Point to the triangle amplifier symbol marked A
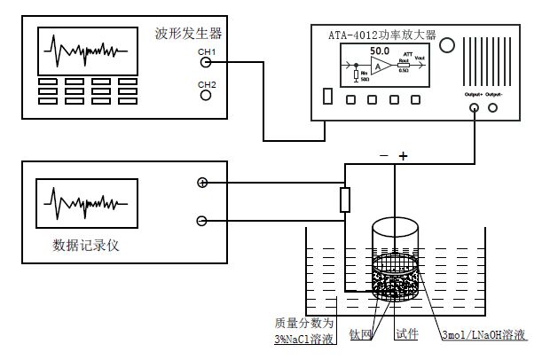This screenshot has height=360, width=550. click(380, 67)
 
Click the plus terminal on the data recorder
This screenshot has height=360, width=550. click(202, 183)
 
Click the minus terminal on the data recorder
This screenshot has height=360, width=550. click(202, 221)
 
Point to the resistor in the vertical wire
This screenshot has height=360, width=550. click(346, 200)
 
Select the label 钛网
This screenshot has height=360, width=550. click(360, 335)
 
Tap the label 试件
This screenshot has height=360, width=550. click(407, 335)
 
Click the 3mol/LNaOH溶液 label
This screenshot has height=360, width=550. click(483, 336)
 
